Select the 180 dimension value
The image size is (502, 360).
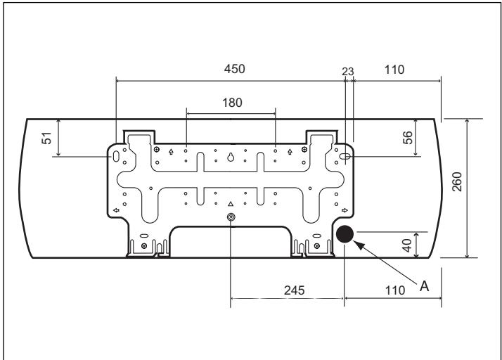click(231, 102)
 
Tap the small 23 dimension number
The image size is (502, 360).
click(348, 70)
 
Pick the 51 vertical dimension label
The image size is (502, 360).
click(48, 137)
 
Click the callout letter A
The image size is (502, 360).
click(424, 286)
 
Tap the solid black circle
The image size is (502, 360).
click(344, 235)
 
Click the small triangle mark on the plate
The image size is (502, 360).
click(230, 203)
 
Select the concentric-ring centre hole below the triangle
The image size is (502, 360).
click(231, 218)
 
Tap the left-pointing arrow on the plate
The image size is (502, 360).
click(115, 210)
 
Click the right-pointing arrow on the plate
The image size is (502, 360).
click(345, 210)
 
